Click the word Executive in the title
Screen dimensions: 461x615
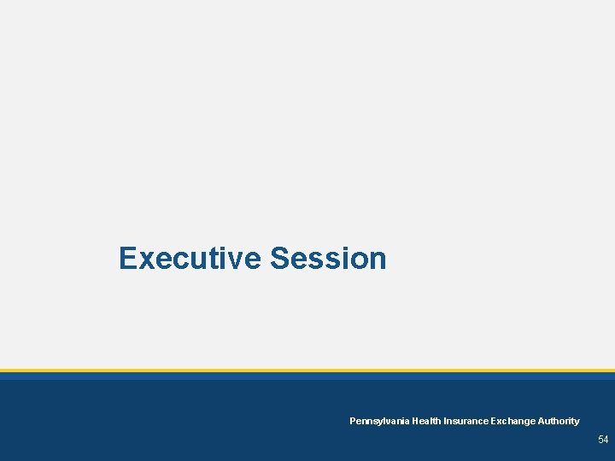point(190,258)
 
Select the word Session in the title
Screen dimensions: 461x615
point(328,258)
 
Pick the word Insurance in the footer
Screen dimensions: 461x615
point(465,421)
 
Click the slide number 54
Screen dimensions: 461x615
point(603,440)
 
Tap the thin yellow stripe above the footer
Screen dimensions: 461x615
point(307,371)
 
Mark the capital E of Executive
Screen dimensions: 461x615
point(128,258)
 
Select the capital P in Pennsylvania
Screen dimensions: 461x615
point(353,421)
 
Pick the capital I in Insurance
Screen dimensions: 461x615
point(444,421)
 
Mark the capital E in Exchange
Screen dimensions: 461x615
point(493,421)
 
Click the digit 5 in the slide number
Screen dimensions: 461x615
point(600,440)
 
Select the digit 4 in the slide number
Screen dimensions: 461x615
point(606,440)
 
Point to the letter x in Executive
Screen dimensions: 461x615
point(146,260)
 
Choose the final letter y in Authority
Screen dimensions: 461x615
point(577,423)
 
